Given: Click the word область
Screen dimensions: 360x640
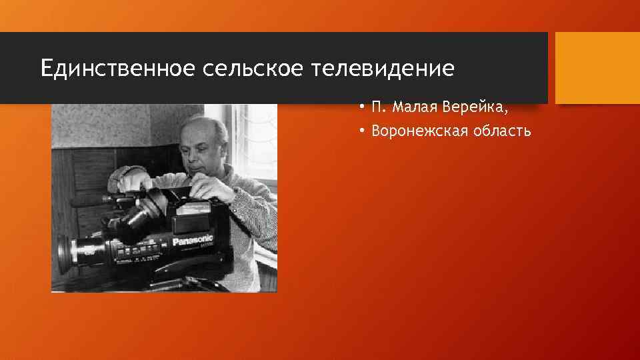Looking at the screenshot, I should [500, 131].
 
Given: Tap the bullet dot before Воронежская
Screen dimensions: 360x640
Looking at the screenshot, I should [360, 131].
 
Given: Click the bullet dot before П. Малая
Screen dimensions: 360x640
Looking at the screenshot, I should [360, 108].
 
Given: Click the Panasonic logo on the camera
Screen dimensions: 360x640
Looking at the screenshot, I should [193, 241].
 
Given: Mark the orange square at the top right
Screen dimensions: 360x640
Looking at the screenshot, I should [597, 67].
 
